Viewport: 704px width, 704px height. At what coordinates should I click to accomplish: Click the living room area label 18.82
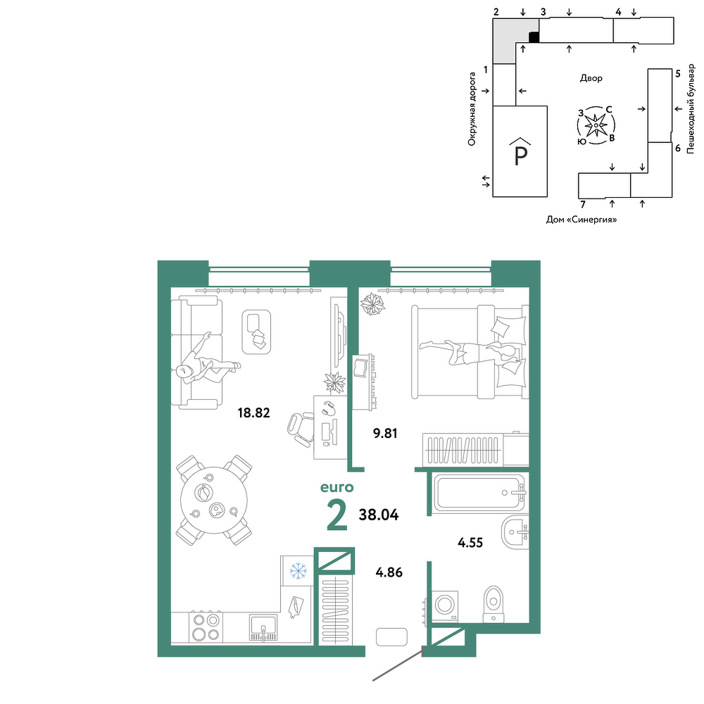click(253, 413)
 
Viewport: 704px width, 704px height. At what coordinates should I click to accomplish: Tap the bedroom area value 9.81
click(385, 434)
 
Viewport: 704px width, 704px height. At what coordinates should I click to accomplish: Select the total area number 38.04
click(379, 515)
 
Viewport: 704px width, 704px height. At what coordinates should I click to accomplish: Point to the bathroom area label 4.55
click(470, 543)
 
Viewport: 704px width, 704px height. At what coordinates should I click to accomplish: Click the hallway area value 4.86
click(389, 572)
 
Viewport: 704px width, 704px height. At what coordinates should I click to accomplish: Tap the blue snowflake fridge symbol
click(298, 571)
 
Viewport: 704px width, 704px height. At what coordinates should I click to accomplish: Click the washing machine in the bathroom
click(445, 606)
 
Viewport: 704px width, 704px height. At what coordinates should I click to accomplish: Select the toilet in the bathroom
click(494, 604)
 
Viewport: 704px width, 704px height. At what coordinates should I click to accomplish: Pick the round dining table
click(214, 500)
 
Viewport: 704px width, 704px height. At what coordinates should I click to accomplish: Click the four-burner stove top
click(206, 627)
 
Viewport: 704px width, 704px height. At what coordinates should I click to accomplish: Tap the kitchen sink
click(263, 627)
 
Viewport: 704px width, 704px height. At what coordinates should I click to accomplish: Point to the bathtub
click(479, 493)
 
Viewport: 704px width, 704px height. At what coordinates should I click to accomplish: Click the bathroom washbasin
click(515, 532)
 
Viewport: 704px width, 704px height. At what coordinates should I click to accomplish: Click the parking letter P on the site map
click(520, 156)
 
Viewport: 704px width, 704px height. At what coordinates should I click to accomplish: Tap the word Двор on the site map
click(591, 79)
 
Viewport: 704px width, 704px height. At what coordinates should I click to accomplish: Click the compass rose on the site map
click(596, 125)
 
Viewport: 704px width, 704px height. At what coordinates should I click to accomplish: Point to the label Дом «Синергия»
click(582, 220)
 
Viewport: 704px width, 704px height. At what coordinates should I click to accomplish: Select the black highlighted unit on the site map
click(534, 37)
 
